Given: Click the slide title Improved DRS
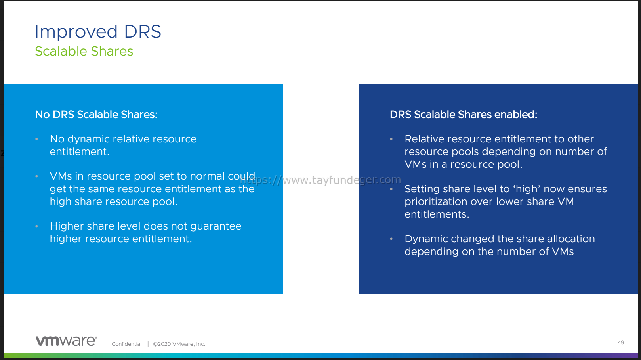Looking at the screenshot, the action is point(98,31).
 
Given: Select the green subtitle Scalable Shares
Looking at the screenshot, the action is point(84,51).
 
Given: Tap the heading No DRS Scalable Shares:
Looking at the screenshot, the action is point(96,115).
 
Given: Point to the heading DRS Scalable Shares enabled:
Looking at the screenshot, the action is point(463,115).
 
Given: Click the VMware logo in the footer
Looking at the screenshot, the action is point(66,341).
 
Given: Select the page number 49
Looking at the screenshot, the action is point(621,342).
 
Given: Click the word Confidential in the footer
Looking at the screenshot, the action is point(126,344).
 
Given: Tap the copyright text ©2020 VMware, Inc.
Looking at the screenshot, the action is point(179,344).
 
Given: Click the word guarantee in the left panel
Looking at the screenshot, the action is point(216,226).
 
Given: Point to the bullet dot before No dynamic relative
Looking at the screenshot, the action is point(36,139).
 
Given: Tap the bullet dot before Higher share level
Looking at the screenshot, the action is point(36,226).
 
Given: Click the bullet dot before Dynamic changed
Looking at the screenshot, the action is point(391,239).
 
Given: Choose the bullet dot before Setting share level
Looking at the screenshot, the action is point(391,189).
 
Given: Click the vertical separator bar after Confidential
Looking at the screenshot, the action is point(148,344).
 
